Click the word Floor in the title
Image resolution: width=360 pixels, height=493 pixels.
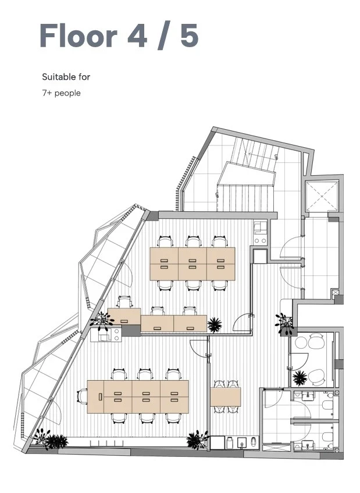(79, 35)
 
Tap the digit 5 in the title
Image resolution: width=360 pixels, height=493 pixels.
(190, 35)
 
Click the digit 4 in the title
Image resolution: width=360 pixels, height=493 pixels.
(137, 35)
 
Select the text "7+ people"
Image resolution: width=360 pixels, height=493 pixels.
(61, 93)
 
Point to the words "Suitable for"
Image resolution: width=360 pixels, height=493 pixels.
(66, 77)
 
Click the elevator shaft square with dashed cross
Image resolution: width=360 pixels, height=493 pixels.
(322, 196)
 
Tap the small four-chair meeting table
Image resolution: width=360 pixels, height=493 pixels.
(225, 397)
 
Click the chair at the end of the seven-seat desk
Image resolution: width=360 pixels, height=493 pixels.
(83, 396)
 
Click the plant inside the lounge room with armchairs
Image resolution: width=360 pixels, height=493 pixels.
(300, 378)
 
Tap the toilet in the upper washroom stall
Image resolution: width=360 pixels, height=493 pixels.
(328, 405)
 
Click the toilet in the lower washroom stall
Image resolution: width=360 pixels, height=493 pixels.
(328, 437)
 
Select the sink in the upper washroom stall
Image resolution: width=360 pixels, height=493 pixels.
(308, 396)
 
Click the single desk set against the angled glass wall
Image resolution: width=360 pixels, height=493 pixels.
(124, 316)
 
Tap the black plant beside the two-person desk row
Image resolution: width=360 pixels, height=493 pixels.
(215, 325)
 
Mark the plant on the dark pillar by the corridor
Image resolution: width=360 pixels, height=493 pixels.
(284, 322)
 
